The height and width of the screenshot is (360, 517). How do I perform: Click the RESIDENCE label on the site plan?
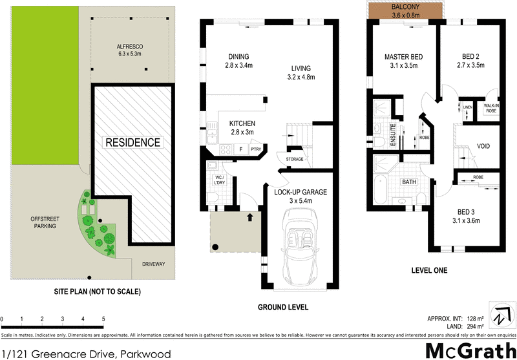click(x=132, y=142)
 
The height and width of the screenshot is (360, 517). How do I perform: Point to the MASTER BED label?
click(x=403, y=57)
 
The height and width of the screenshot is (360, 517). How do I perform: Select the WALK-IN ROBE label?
click(x=491, y=109)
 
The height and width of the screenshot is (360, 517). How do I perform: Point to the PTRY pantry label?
click(x=256, y=149)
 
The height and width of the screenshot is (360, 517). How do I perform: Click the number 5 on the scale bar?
click(x=103, y=319)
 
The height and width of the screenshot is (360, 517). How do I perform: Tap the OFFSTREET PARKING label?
click(x=44, y=222)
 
